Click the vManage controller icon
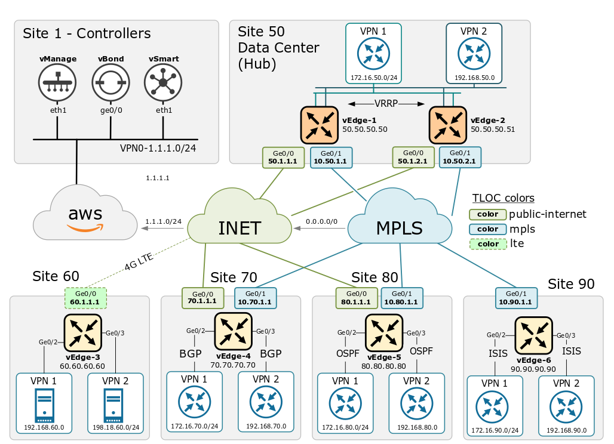pos(57,82)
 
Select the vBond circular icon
pos(111,82)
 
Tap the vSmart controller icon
pos(163,82)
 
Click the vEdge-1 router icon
pos(320,125)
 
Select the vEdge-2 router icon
pos(448,125)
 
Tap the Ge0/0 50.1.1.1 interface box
pos(283,158)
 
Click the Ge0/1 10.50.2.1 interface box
pos(460,158)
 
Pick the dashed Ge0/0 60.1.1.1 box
pos(85,298)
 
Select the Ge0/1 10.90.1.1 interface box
pos(516,298)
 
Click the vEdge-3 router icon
pos(83,333)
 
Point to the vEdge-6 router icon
pos(533,335)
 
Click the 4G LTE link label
pos(139,261)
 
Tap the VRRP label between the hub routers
pos(386,104)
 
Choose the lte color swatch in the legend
pos(488,244)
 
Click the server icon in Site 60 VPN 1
pos(44,404)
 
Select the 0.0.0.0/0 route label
pos(321,221)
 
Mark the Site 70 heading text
pos(234,277)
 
